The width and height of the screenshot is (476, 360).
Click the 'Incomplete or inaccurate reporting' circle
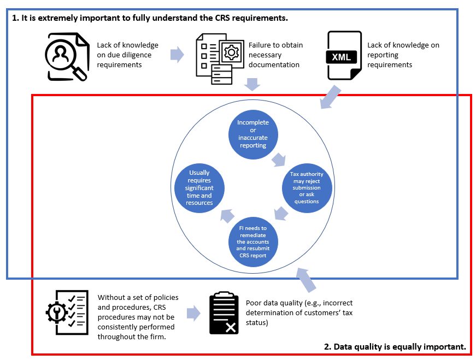pyautogui.click(x=252, y=134)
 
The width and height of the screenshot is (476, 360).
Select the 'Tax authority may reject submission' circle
pyautogui.click(x=307, y=187)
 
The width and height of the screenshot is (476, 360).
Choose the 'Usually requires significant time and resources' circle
pyautogui.click(x=199, y=187)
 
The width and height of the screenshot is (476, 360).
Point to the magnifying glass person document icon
pyautogui.click(x=67, y=56)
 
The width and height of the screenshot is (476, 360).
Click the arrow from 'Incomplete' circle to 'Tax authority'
pyautogui.click(x=279, y=159)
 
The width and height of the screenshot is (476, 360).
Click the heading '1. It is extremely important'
pyautogui.click(x=150, y=18)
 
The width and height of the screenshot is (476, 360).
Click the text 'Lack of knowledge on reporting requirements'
pyautogui.click(x=403, y=55)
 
